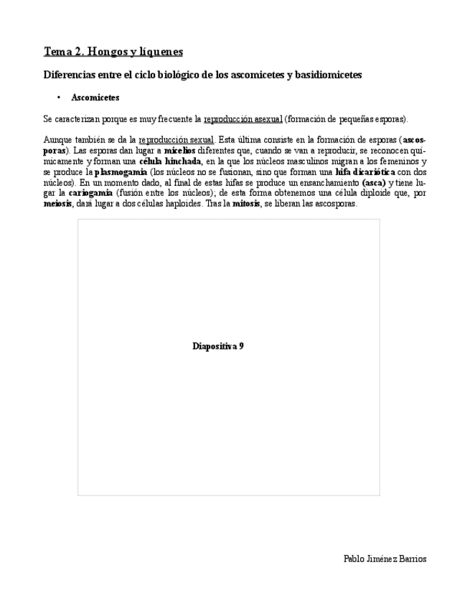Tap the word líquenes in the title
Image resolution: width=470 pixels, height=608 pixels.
(x=163, y=52)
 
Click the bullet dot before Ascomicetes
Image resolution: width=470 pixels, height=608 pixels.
(x=57, y=97)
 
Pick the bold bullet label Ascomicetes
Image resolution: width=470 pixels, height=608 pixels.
(x=95, y=97)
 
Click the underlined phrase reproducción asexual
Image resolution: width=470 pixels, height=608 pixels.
(x=243, y=118)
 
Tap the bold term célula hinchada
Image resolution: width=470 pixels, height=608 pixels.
(x=169, y=161)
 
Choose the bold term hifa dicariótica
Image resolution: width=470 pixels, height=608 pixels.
(x=365, y=172)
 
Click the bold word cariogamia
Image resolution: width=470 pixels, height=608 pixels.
(x=90, y=194)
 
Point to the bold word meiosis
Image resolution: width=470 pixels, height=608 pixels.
(x=57, y=204)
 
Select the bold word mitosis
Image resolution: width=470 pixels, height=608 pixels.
(x=245, y=204)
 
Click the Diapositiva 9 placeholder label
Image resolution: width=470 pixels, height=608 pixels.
(x=218, y=346)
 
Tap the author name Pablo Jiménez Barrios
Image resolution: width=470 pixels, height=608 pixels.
(x=385, y=559)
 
